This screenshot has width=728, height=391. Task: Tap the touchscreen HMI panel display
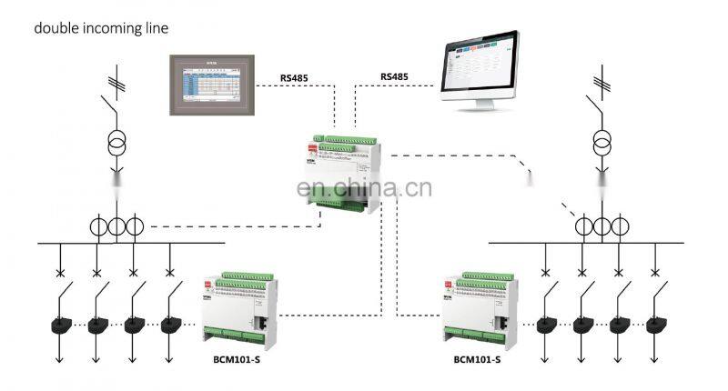pyautogui.click(x=212, y=84)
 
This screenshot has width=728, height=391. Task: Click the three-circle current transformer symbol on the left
pyautogui.click(x=116, y=225)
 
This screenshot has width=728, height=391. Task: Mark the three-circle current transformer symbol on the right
pyautogui.click(x=602, y=225)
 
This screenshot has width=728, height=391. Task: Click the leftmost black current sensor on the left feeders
pyautogui.click(x=61, y=325)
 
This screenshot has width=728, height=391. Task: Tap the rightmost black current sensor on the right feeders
pyautogui.click(x=654, y=325)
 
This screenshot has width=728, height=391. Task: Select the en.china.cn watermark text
pyautogui.click(x=365, y=188)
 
